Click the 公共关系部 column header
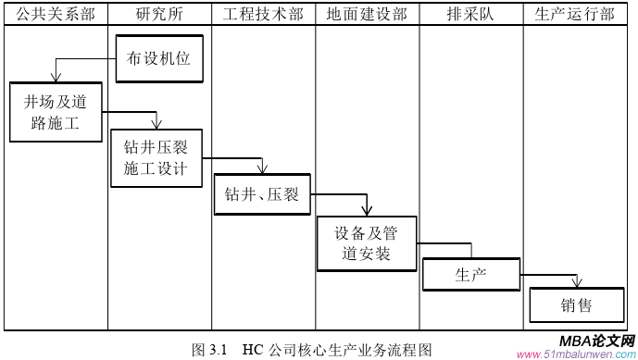coord(55,14)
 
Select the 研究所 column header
coord(158,14)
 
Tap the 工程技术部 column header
coord(263,14)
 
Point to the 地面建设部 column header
coord(367,14)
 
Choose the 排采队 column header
coord(471,14)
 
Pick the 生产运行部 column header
coord(575,14)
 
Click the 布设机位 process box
coord(158,58)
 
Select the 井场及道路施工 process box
coord(56,112)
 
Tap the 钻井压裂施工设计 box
coord(156,158)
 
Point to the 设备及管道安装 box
coord(367,243)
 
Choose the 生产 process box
coord(470,274)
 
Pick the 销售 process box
coord(575,304)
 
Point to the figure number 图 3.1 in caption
coord(209,351)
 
